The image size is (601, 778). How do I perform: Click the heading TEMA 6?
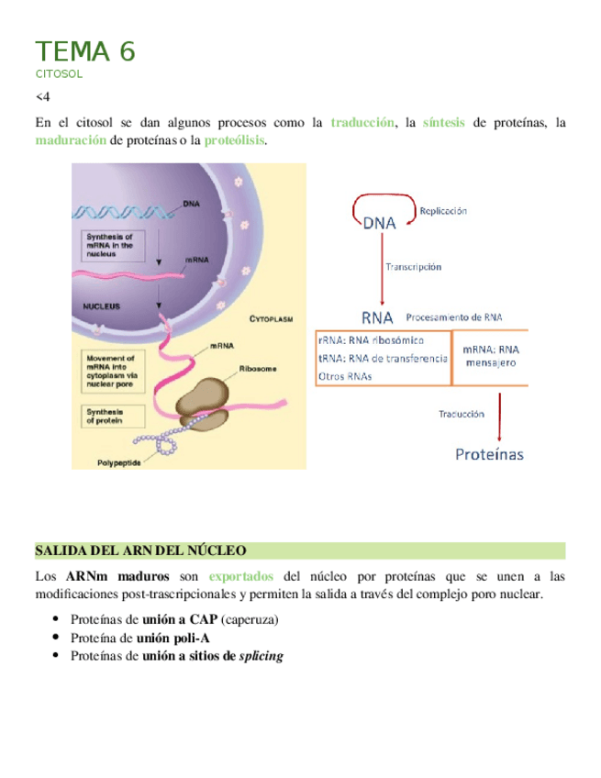click(x=85, y=51)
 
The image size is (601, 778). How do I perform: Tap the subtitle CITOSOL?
click(x=59, y=74)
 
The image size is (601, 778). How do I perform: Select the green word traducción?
click(x=363, y=122)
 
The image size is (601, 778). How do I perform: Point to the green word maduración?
click(x=71, y=140)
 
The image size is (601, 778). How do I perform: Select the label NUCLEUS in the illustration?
click(x=102, y=306)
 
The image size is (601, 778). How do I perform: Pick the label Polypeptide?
click(x=119, y=462)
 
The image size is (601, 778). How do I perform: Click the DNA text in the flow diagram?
click(x=380, y=223)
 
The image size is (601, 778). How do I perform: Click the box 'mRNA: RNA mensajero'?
click(x=491, y=356)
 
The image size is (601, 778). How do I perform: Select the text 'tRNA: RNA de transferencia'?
click(x=382, y=358)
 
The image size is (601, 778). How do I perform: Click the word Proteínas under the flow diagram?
click(x=490, y=453)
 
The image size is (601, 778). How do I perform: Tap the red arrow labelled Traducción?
click(x=498, y=415)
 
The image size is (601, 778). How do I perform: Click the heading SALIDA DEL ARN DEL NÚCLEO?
click(x=140, y=550)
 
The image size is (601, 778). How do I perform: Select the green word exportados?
click(x=240, y=577)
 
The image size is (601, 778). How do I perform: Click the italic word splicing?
click(x=262, y=656)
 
